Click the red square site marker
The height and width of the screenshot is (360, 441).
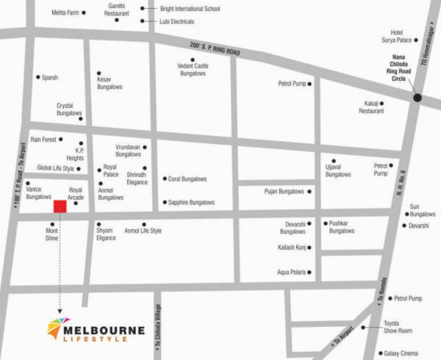point(60,206)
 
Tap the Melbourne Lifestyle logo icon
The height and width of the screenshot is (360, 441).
point(58,329)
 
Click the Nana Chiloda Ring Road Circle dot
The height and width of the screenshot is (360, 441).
point(417,97)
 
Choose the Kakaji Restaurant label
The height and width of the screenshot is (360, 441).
point(371,107)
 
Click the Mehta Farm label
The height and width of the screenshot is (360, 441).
point(65,12)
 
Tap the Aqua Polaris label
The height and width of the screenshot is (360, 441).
point(290,273)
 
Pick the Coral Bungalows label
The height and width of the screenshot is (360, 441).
point(187,179)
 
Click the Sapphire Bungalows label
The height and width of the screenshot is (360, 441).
point(191,202)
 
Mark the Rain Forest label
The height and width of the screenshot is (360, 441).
point(43,139)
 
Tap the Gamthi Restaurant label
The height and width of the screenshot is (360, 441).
point(118,10)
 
